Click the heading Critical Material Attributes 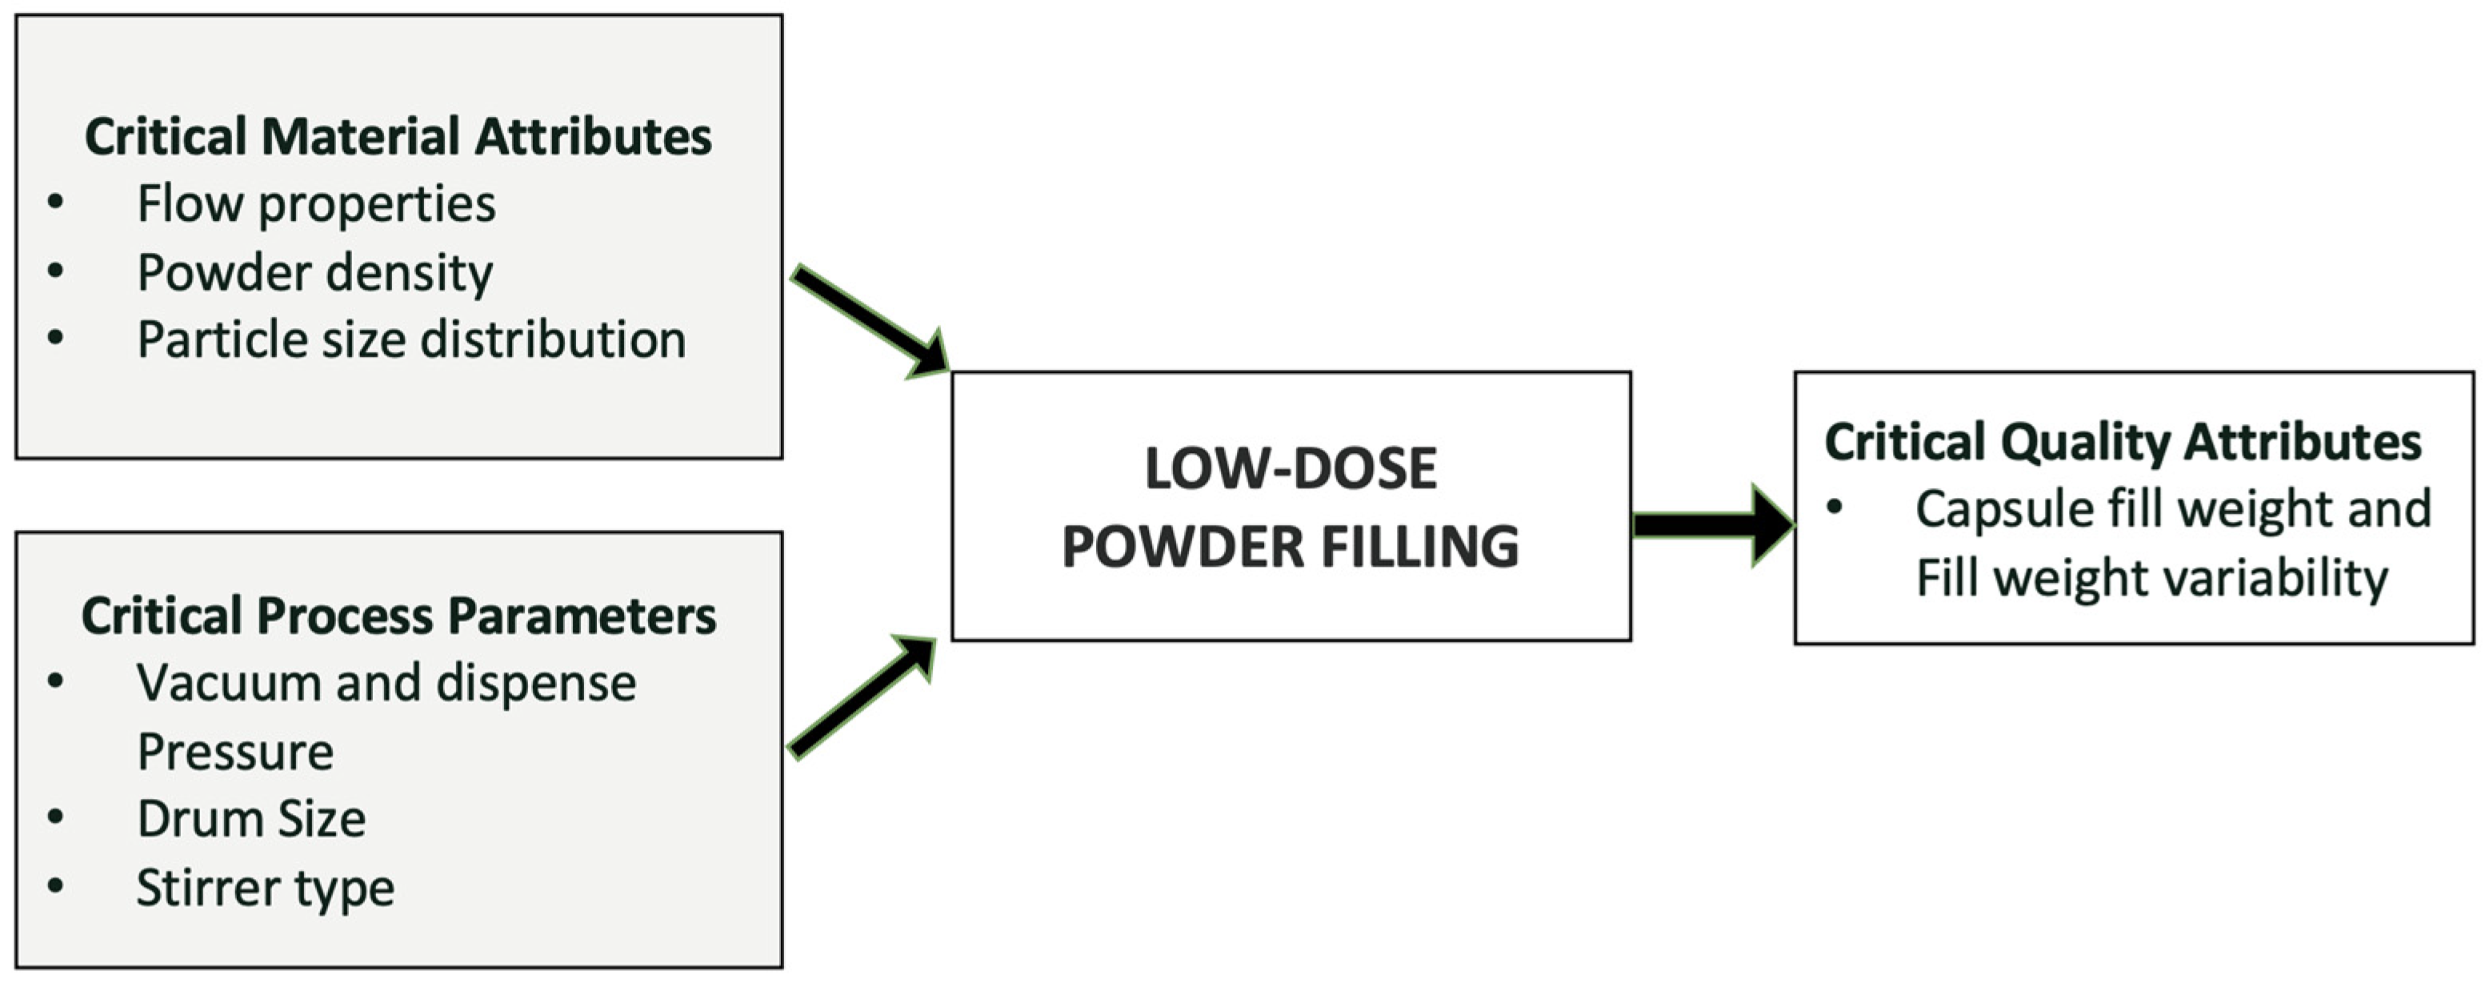(x=398, y=136)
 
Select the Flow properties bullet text (x=315, y=205)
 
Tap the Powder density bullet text (x=314, y=273)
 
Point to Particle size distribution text (x=411, y=340)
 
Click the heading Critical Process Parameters (x=398, y=616)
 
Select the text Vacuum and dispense (x=386, y=683)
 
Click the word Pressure (x=235, y=752)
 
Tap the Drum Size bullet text (x=250, y=819)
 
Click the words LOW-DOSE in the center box (x=1290, y=469)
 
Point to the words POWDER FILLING (x=1290, y=547)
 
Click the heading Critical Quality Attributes (x=2123, y=442)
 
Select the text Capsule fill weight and (x=2172, y=509)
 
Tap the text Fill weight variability (x=2151, y=579)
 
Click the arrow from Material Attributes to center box (x=868, y=321)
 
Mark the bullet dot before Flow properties (x=56, y=202)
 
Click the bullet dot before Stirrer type (x=56, y=885)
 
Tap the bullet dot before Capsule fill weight (x=1835, y=507)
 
